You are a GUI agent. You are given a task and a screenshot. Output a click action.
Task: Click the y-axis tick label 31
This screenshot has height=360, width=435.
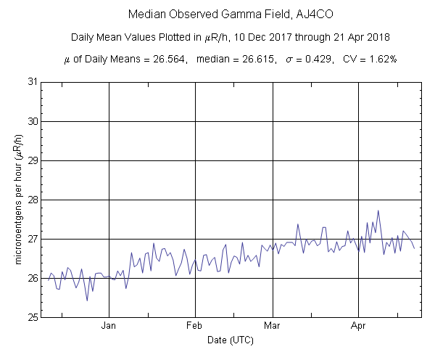(32, 81)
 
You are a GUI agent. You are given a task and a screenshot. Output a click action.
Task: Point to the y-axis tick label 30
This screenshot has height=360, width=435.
(32, 120)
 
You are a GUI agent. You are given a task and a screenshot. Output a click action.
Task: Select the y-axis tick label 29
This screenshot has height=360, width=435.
(32, 160)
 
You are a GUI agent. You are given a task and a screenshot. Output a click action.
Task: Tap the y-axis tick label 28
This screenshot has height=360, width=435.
(32, 200)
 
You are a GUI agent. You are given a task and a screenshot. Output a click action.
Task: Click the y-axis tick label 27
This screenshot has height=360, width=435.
(32, 239)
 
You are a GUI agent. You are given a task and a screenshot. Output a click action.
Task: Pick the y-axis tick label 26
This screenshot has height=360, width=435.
(32, 278)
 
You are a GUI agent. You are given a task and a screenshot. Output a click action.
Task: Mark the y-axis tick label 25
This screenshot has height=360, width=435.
(32, 317)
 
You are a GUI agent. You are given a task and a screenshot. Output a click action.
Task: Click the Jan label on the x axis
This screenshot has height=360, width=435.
(109, 327)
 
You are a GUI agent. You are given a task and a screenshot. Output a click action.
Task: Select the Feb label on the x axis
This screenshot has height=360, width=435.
(195, 327)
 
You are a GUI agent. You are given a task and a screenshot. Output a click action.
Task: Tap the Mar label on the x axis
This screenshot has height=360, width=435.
(273, 327)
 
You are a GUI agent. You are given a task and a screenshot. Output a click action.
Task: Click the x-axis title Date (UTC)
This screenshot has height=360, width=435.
(231, 340)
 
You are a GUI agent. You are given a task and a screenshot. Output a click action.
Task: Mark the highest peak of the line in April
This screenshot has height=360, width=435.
(378, 210)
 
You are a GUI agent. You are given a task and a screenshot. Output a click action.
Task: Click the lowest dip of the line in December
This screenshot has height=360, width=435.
(87, 300)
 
